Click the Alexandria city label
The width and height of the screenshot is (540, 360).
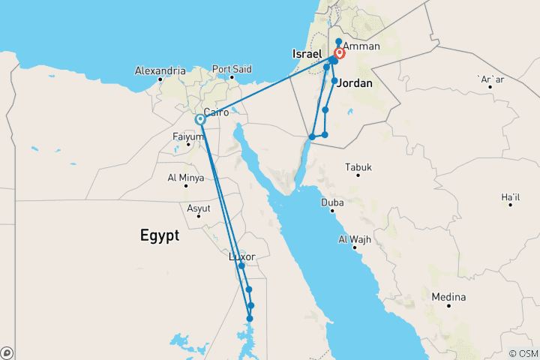pos(160,70)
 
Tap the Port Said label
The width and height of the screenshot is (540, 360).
pos(232,69)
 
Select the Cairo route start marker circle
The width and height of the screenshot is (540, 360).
pos(200,119)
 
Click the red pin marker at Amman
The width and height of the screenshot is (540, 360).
pos(340,54)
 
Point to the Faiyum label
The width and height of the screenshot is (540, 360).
pos(187,136)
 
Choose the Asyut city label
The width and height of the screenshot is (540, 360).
pos(199,208)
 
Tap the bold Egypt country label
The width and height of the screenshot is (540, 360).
pos(160,235)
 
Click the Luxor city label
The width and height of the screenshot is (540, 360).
pos(242,256)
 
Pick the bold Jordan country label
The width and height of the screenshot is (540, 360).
pos(355,83)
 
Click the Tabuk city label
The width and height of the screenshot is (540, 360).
pos(358,167)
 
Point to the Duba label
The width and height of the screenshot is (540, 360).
pos(333,202)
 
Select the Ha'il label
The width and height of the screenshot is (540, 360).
pos(510,197)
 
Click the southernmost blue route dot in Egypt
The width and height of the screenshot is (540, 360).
pos(250,319)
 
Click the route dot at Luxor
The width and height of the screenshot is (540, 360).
pos(241,266)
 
